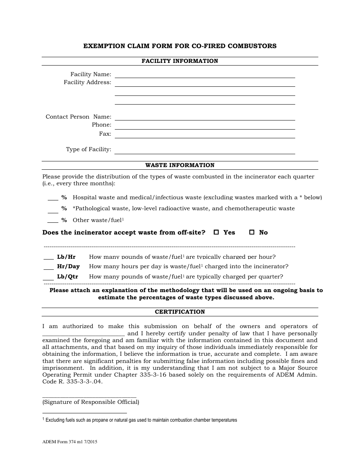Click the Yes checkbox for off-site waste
216,233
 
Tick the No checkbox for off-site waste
252,233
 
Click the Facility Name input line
205,75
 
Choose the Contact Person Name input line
205,117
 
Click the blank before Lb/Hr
49,258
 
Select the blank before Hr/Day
49,267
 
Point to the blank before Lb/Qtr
49,278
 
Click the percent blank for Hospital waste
53,199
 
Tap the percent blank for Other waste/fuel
53,221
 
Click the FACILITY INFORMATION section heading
180,61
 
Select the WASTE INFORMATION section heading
180,165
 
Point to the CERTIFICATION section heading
180,312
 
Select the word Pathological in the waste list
91,209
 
